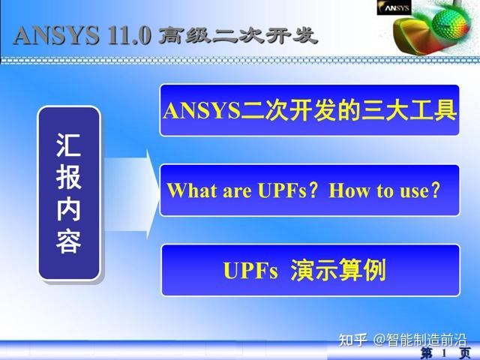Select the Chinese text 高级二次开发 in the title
(237, 35)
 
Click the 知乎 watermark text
(352, 340)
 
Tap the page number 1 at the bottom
(444, 352)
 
